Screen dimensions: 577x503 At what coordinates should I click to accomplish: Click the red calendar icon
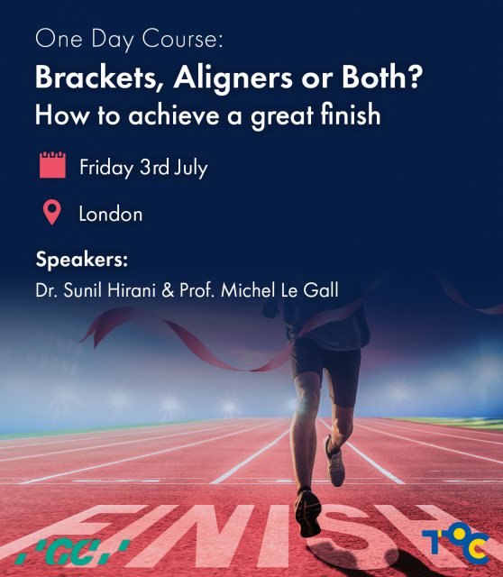53,167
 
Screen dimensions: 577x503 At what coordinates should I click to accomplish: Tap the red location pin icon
52,214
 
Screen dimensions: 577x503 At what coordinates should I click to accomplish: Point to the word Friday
106,168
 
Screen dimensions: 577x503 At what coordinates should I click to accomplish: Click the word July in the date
188,168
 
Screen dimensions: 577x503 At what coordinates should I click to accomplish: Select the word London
111,215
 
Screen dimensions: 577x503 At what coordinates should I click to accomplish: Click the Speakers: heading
82,261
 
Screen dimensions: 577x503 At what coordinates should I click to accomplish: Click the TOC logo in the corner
455,543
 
